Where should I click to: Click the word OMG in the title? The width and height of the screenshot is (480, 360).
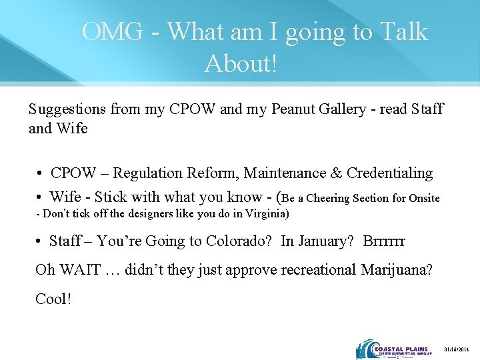coord(112,31)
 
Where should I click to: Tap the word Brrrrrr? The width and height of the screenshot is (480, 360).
coord(384,241)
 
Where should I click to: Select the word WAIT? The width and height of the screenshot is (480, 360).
coord(82,270)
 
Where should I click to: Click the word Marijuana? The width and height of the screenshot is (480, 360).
coord(397,270)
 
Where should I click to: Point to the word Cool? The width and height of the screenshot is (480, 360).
coord(53,299)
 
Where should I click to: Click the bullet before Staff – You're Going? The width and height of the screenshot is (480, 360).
coord(41,241)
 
